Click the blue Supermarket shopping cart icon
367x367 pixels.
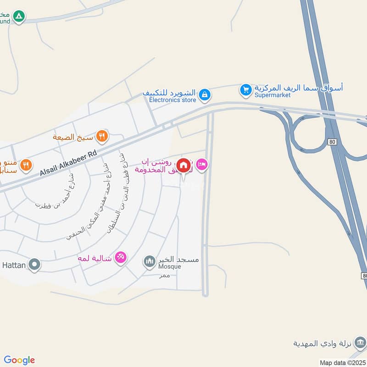[x=246, y=90]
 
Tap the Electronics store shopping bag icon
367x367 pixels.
[x=205, y=95]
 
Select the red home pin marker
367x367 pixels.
[x=183, y=166]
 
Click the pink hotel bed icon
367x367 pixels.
[x=201, y=164]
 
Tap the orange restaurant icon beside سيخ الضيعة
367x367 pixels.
[x=102, y=136]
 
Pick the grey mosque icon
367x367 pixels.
[x=149, y=262]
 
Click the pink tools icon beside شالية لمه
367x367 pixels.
[x=121, y=258]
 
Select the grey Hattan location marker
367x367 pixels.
[x=34, y=265]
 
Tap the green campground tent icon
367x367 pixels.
[x=19, y=17]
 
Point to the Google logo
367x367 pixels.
[x=19, y=360]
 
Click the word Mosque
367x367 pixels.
[x=170, y=267]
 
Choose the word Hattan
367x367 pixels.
[x=13, y=265]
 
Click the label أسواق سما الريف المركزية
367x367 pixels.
[x=299, y=88]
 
